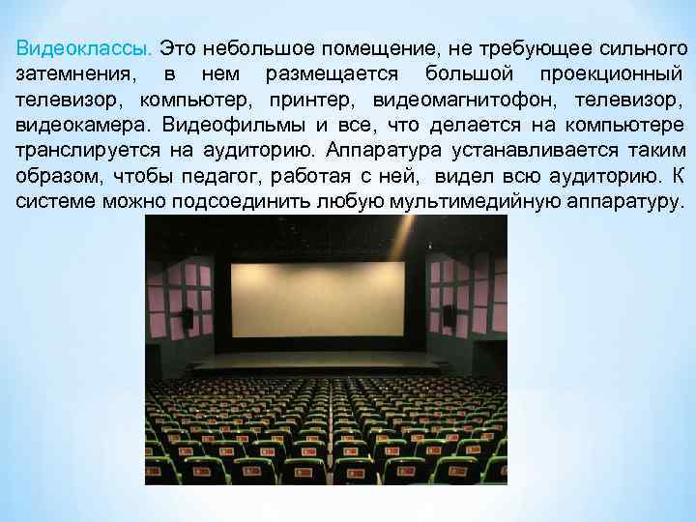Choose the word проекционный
pyautogui.click(x=608, y=73)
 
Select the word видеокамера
pyautogui.click(x=81, y=125)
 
